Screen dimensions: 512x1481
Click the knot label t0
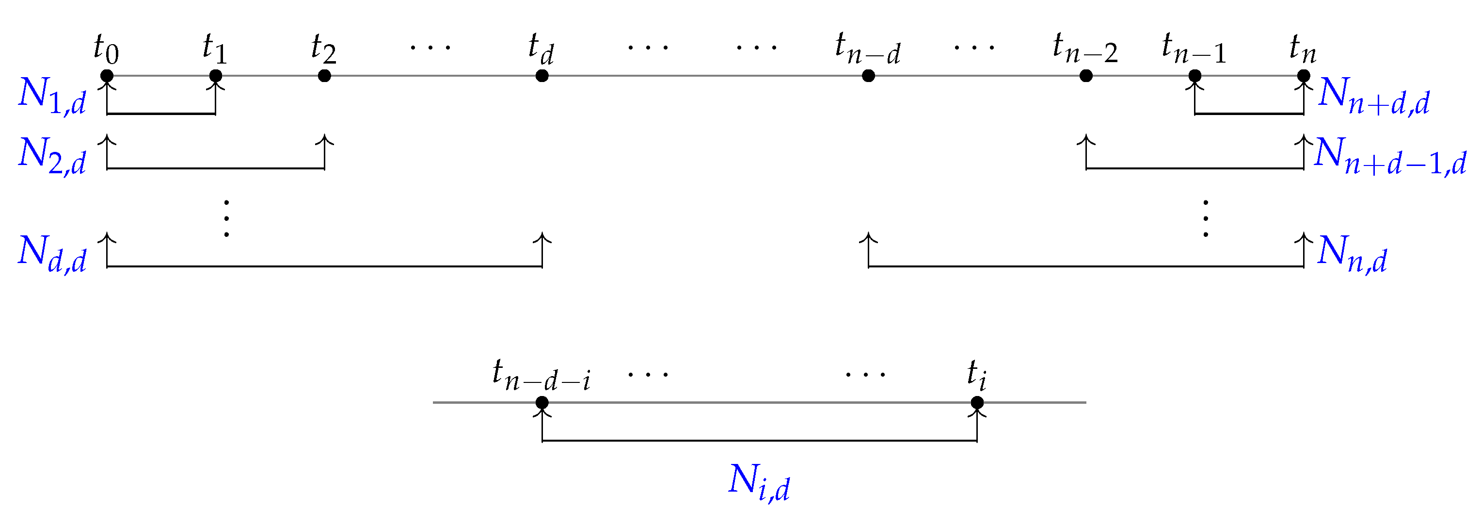tap(106, 49)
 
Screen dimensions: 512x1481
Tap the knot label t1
tap(215, 49)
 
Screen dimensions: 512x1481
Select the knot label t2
tap(324, 49)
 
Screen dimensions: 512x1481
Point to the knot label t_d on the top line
tap(541, 49)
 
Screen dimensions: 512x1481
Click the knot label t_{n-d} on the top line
tap(868, 49)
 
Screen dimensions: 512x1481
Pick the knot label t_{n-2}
tap(1085, 49)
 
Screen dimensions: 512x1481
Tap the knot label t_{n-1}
tap(1194, 49)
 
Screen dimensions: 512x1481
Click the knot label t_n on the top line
tap(1303, 49)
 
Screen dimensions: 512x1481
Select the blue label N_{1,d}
tap(52, 96)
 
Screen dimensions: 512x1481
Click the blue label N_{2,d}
tap(52, 155)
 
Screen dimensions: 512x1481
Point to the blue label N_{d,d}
tap(52, 254)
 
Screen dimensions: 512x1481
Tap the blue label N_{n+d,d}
tap(1374, 96)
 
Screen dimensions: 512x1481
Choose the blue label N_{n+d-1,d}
tap(1390, 155)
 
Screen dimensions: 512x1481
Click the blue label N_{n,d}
tap(1352, 254)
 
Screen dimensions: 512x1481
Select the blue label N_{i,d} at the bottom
tap(759, 482)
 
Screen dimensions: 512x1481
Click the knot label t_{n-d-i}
tap(541, 375)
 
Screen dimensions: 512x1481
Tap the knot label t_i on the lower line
tap(977, 375)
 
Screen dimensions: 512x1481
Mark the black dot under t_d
tap(541, 76)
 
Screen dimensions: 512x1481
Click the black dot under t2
tap(324, 76)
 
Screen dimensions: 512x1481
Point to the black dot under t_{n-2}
tap(1086, 76)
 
